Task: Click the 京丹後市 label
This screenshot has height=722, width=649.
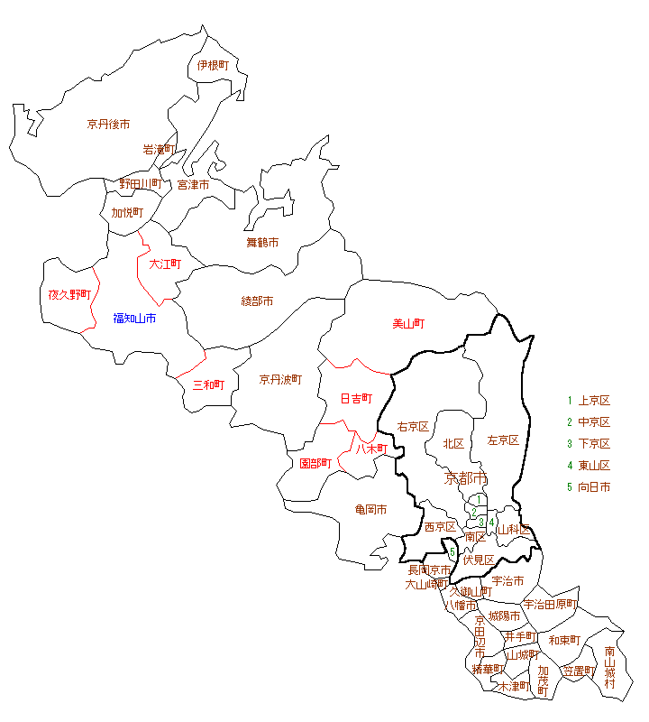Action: pyautogui.click(x=108, y=124)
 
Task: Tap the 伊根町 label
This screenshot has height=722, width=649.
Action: pyautogui.click(x=213, y=65)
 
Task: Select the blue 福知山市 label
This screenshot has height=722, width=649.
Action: pyautogui.click(x=134, y=318)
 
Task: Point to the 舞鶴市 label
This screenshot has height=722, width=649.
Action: pyautogui.click(x=262, y=242)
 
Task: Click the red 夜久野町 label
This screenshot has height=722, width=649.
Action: pyautogui.click(x=70, y=294)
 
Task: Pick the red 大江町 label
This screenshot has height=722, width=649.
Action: pyautogui.click(x=165, y=264)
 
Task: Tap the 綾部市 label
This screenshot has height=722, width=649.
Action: pyautogui.click(x=257, y=301)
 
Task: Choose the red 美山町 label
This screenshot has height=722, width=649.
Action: pyautogui.click(x=408, y=323)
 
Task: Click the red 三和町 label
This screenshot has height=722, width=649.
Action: pyautogui.click(x=209, y=384)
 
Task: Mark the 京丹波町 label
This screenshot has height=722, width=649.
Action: pyautogui.click(x=280, y=379)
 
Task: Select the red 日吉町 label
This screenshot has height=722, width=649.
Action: pyautogui.click(x=356, y=398)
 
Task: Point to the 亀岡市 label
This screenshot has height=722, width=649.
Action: pyautogui.click(x=370, y=509)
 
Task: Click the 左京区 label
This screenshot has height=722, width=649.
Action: pyautogui.click(x=503, y=440)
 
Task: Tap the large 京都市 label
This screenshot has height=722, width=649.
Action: pyautogui.click(x=466, y=477)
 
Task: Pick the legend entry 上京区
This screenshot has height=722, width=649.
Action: pyautogui.click(x=594, y=401)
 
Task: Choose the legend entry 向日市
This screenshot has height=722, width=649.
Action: pyautogui.click(x=594, y=487)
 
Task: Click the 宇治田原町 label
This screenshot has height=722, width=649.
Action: pyautogui.click(x=550, y=604)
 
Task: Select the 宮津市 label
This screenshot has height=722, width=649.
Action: pyautogui.click(x=193, y=184)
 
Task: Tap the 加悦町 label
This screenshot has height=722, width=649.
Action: pyautogui.click(x=127, y=213)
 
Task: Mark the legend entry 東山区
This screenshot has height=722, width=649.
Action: pyautogui.click(x=594, y=466)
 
